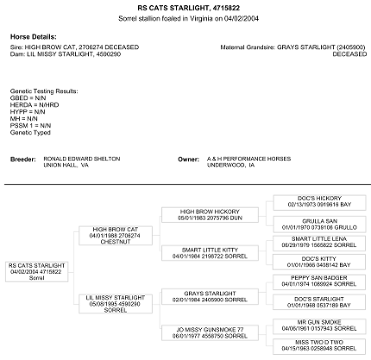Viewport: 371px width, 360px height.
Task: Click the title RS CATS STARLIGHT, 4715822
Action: pos(188,8)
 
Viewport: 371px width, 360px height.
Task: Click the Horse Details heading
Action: pos(34,37)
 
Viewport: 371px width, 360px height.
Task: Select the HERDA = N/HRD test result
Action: pos(35,105)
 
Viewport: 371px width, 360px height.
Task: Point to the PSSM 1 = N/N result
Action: pos(30,126)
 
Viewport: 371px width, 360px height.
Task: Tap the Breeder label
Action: pos(23,159)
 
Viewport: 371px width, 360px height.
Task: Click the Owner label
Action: pos(188,159)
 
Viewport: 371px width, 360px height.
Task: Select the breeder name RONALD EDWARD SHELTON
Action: pos(82,159)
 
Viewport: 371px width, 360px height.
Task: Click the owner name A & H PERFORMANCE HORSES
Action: pos(248,159)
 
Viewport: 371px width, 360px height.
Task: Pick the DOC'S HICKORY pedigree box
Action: pos(319,202)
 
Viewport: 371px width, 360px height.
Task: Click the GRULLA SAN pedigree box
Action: pos(319,224)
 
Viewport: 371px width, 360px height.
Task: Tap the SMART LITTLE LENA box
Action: pos(319,243)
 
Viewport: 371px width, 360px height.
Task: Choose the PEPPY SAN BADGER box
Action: pos(319,282)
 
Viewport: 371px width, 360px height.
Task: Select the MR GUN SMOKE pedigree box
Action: pos(319,326)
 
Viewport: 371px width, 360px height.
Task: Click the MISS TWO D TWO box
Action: pos(319,346)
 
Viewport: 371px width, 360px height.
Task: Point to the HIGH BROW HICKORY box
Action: pos(210,215)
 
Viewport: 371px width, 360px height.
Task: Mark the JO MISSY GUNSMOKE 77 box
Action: pos(210,333)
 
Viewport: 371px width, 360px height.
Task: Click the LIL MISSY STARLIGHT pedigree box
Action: pos(116,304)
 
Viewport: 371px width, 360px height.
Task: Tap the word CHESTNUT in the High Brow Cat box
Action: pos(116,242)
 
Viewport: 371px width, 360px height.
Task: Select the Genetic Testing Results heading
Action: pos(44,92)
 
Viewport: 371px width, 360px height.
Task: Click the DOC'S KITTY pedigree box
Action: pos(319,262)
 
